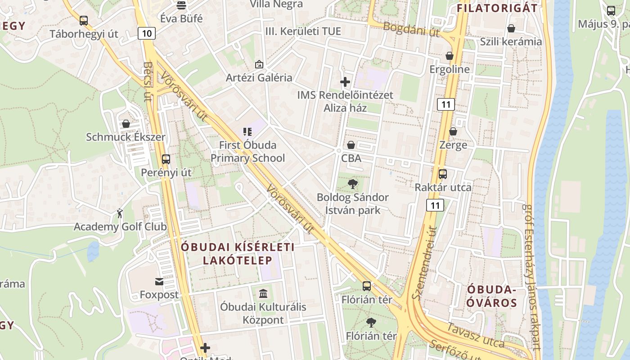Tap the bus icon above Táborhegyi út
84,20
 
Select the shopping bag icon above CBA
351,145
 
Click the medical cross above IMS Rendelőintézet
345,82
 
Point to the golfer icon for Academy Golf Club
120,213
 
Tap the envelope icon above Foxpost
159,282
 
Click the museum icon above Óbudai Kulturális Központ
263,294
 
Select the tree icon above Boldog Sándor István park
353,184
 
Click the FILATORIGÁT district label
497,8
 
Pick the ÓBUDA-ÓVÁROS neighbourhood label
491,296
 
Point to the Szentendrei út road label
425,263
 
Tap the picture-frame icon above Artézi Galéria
259,64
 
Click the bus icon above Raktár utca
443,174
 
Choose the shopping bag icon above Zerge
453,131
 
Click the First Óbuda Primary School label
247,152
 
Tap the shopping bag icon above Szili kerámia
511,28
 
